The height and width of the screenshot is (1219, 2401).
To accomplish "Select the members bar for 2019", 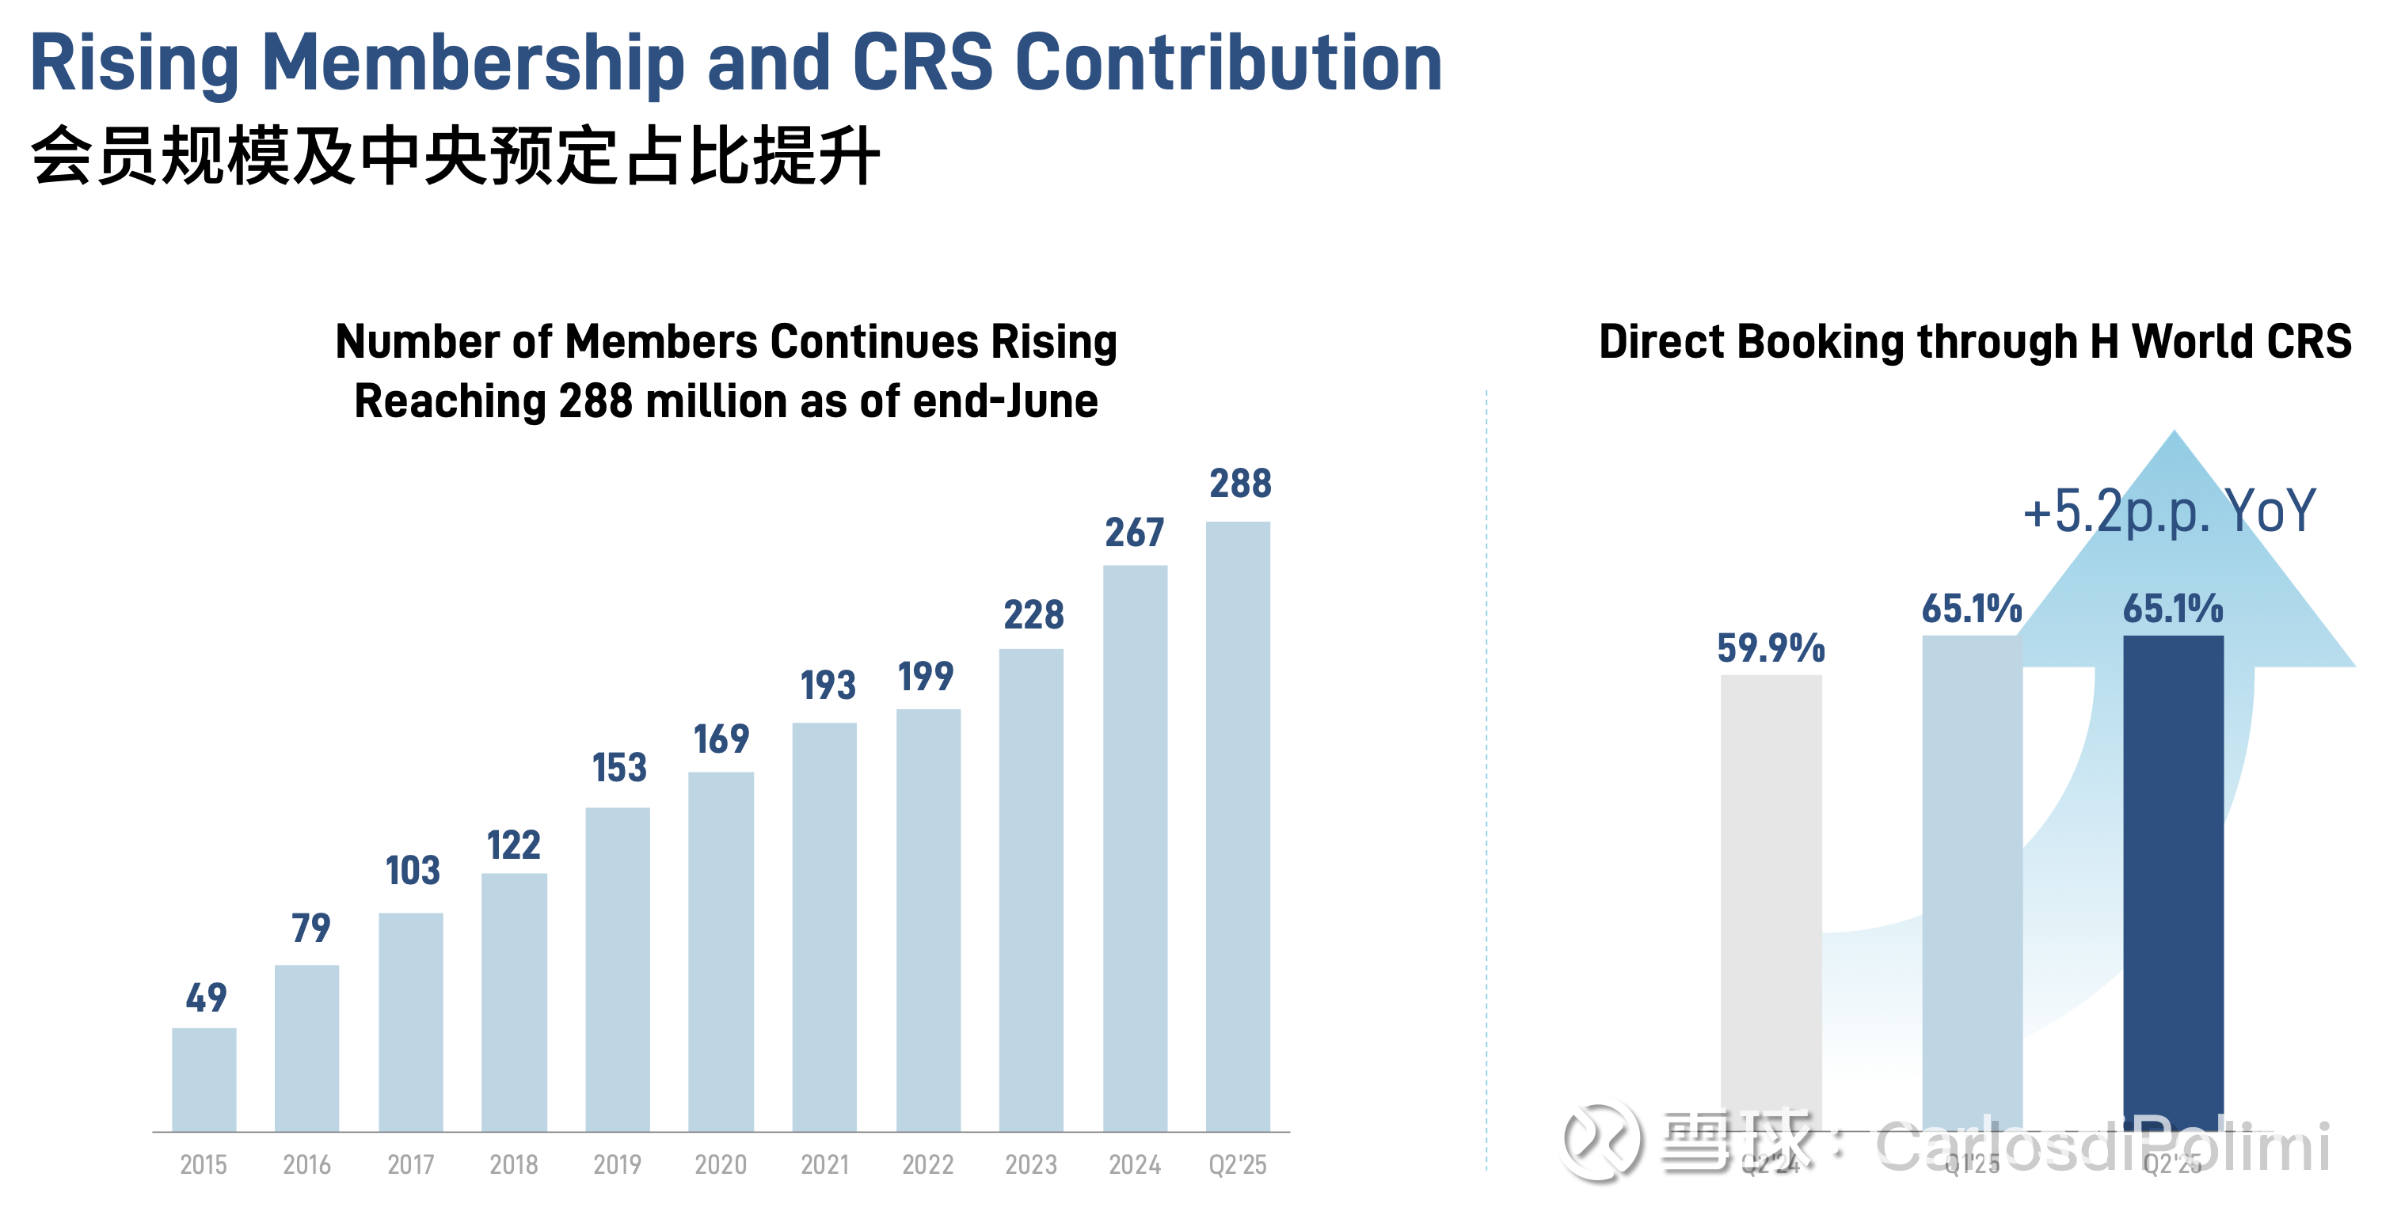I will click(x=617, y=969).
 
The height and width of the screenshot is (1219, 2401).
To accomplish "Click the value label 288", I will click(x=1239, y=484).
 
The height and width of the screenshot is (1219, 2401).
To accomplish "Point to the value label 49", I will click(x=206, y=998).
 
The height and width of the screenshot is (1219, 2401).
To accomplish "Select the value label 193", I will click(x=828, y=686).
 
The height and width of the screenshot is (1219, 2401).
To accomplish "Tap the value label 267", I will click(x=1134, y=533).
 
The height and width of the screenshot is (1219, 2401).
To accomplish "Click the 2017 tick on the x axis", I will click(x=411, y=1165).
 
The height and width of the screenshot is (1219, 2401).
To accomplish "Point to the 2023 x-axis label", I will click(x=1031, y=1165).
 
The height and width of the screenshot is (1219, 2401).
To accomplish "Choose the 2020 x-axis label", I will click(x=721, y=1165).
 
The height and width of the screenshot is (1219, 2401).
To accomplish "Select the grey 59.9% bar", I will click(x=1771, y=894).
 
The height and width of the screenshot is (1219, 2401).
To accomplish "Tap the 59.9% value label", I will click(x=1771, y=648).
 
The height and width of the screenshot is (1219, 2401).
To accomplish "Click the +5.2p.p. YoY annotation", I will click(x=2168, y=511).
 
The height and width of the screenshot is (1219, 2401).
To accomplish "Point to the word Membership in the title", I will click(x=474, y=63).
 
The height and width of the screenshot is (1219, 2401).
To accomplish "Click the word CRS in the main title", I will click(x=923, y=63).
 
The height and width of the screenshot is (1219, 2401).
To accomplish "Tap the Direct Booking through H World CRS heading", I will click(x=1975, y=342).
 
